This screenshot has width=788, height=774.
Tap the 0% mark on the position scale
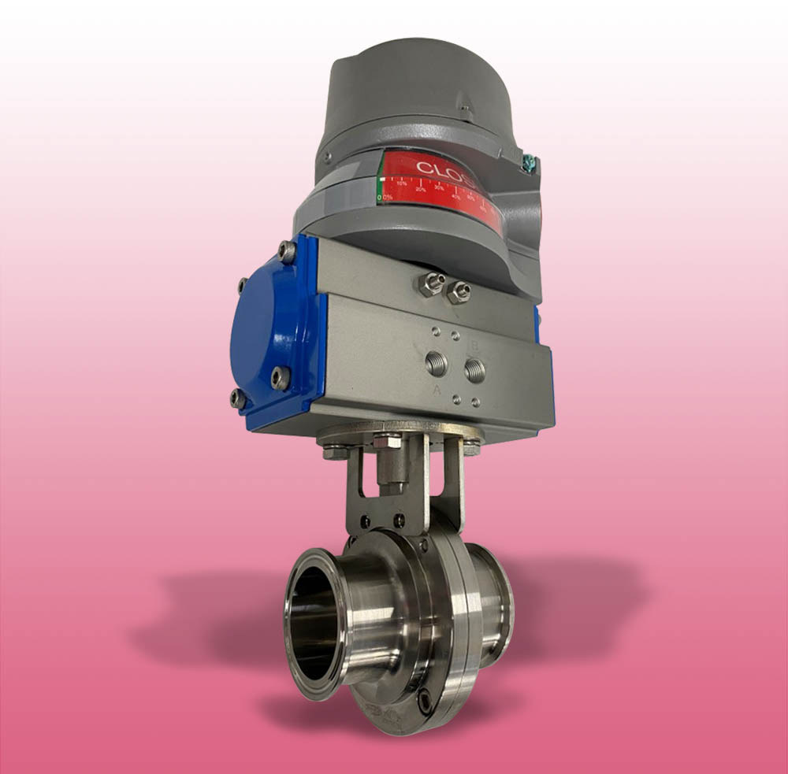(x=385, y=197)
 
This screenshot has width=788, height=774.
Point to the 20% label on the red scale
(x=420, y=189)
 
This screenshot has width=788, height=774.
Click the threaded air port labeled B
(x=474, y=369)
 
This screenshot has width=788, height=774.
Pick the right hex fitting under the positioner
(x=458, y=292)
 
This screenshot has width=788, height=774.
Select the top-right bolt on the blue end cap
(x=288, y=252)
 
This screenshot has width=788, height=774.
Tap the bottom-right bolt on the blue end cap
(x=281, y=379)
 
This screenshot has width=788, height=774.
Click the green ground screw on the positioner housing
(x=529, y=163)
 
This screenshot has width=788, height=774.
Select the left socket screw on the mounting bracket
(x=365, y=522)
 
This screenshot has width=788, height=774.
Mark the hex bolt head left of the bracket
(x=335, y=452)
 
